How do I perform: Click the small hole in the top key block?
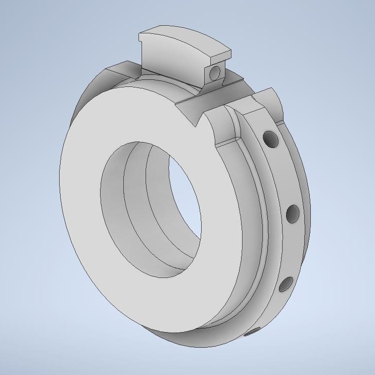click(x=216, y=73)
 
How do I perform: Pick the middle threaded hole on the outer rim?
click(x=292, y=215)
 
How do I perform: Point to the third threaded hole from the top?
click(x=286, y=285)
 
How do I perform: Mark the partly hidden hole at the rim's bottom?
click(x=252, y=333)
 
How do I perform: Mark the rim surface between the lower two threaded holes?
click(x=291, y=250)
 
